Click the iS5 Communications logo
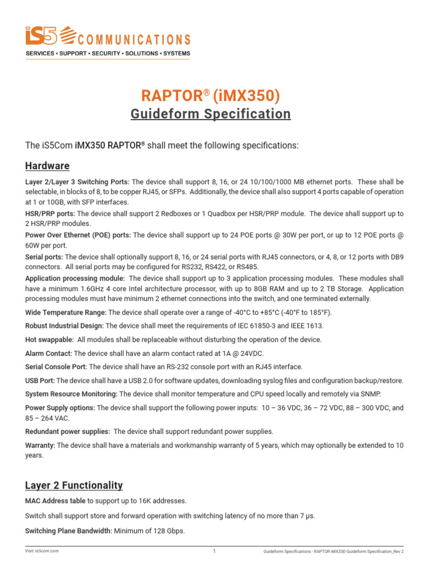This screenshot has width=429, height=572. [x=108, y=41]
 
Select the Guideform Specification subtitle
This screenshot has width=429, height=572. [x=211, y=114]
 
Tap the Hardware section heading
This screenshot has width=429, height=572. [x=47, y=166]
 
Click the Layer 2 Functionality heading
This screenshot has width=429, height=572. [x=74, y=485]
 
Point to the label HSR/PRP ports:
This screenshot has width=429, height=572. [x=50, y=213]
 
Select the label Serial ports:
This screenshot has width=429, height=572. [x=44, y=256]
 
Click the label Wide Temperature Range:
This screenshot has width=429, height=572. [x=66, y=312]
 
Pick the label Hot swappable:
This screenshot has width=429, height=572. [x=49, y=340]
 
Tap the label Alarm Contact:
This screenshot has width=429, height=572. [x=49, y=353]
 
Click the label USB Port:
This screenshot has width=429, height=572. [x=40, y=380]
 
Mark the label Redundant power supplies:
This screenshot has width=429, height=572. [x=67, y=431]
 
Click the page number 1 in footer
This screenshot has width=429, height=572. [x=214, y=551]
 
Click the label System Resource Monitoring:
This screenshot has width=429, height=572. [x=70, y=394]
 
